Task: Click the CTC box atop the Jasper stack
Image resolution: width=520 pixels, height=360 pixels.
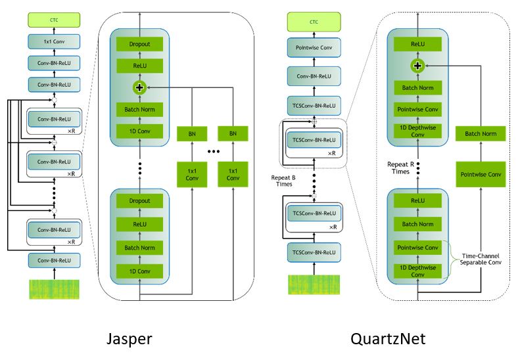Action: tap(54, 20)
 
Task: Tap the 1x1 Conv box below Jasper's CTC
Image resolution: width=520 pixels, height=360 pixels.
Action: tap(54, 41)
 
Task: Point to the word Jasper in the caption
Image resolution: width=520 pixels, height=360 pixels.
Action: tap(130, 339)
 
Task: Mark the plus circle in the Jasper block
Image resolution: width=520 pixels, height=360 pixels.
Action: tap(138, 87)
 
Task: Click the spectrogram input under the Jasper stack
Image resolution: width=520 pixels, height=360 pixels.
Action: tap(54, 290)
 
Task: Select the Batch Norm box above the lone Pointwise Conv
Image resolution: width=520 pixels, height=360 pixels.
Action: tap(481, 134)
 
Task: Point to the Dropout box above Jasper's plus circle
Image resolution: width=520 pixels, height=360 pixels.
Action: tap(138, 44)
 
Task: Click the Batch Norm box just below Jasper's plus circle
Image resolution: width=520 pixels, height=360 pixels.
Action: tap(138, 109)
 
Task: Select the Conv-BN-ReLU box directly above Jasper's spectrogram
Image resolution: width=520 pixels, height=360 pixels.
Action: tap(54, 260)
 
